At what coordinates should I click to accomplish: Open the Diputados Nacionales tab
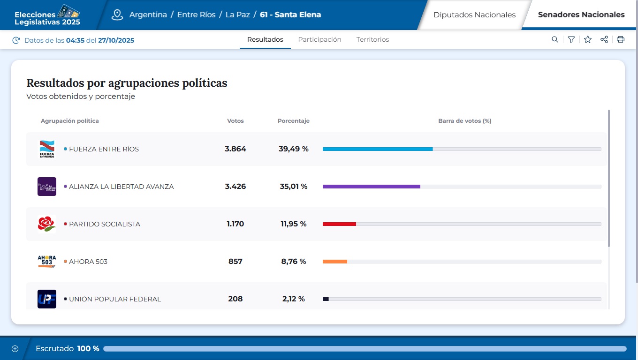[474, 15]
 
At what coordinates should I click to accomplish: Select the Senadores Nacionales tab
[581, 15]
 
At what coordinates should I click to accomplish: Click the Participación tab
[319, 40]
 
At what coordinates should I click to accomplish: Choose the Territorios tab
[372, 40]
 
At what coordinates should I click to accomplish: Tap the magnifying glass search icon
[555, 40]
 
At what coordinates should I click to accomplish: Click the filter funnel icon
[571, 40]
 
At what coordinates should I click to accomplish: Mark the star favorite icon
[588, 40]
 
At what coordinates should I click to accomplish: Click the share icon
[604, 40]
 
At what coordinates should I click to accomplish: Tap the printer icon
[621, 40]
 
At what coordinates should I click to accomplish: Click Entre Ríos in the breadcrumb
[196, 15]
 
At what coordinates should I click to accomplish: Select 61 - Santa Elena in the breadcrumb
[290, 15]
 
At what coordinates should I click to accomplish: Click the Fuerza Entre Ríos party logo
[47, 149]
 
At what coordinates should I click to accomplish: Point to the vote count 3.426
[235, 187]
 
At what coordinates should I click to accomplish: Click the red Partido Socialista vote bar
[339, 224]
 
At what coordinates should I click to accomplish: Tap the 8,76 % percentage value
[294, 262]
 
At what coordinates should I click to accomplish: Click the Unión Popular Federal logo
[47, 299]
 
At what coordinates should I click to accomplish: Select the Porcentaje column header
[293, 121]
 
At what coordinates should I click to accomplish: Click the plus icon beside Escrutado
[15, 349]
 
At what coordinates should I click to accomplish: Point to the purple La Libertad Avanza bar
[371, 187]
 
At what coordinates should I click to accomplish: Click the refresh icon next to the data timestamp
[16, 40]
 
